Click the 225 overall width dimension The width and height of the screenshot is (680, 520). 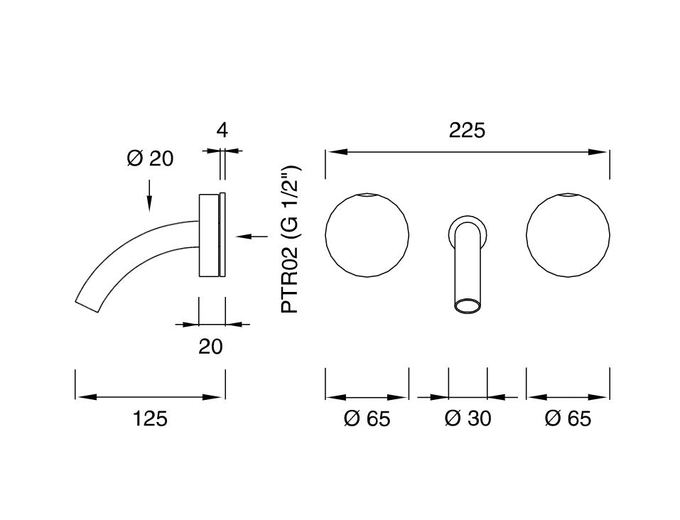tap(467, 130)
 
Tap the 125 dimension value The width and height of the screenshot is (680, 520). tap(150, 419)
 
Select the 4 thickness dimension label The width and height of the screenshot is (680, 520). tap(222, 130)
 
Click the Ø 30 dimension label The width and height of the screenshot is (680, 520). tap(468, 418)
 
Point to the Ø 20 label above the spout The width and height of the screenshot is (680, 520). tap(150, 158)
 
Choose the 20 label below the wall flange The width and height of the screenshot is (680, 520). tap(211, 347)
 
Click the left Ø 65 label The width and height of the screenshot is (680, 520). tap(367, 418)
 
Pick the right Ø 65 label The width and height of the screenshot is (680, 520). tap(568, 418)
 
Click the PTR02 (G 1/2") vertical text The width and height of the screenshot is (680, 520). tap(290, 239)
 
